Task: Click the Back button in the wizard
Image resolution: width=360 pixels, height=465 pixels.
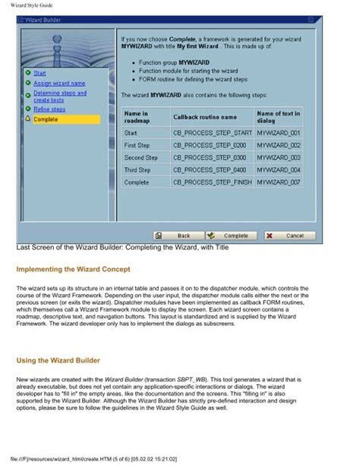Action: click(180, 236)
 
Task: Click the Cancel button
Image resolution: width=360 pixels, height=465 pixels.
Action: click(290, 236)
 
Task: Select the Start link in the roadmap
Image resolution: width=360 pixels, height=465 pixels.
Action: click(40, 73)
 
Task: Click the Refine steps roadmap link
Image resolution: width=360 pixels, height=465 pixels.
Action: click(49, 109)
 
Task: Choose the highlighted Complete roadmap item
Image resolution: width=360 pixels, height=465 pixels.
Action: click(46, 119)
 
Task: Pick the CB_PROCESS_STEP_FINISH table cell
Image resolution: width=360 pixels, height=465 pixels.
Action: click(213, 183)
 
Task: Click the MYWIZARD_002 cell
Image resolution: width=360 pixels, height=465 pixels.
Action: click(279, 145)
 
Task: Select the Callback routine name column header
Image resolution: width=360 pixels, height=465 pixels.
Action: click(205, 117)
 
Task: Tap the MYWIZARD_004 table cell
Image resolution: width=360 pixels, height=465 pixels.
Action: click(279, 170)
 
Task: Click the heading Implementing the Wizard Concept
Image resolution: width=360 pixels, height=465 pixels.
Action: click(73, 270)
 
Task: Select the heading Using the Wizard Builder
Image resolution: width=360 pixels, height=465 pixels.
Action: click(59, 359)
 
